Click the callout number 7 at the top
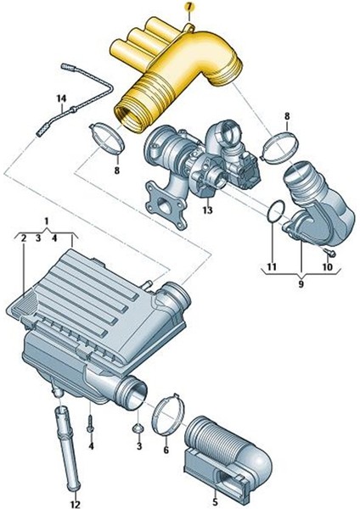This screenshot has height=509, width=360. [x=189, y=6]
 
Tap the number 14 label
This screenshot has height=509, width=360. [x=60, y=99]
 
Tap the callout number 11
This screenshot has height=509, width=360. [x=273, y=267]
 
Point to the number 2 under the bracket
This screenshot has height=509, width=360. [x=23, y=239]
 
